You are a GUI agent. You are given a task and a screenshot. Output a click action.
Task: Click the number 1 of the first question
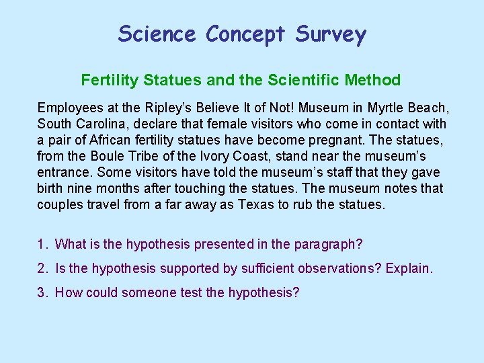[x=42, y=244]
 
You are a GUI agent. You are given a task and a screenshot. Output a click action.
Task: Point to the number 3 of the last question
[x=42, y=292]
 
